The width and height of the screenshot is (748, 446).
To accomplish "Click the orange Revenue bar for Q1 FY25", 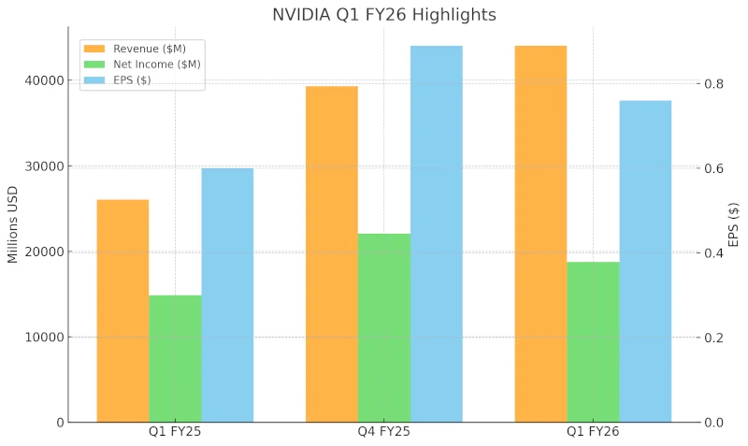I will tap(122, 310).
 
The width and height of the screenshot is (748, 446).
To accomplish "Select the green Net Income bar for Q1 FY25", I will tap(175, 359).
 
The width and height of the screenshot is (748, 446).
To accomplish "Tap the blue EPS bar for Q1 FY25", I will tap(227, 295).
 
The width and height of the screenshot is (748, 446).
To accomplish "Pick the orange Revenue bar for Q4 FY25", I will tap(332, 254).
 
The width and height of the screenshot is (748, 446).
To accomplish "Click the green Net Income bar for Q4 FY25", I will tap(384, 328).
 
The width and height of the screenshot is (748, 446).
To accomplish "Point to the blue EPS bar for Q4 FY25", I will tap(437, 234).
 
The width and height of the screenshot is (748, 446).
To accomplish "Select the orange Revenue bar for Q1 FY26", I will tap(540, 234).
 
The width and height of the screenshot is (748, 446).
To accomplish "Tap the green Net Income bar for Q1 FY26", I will tap(593, 342).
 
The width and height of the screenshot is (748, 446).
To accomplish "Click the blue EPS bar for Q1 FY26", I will tap(645, 262).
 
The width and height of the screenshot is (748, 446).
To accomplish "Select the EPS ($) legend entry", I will tap(132, 79).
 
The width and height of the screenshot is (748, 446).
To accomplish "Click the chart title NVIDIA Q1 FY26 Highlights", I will tap(383, 15).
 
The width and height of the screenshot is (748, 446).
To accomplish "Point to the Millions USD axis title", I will tap(13, 225).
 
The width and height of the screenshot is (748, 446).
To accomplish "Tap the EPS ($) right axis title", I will tap(733, 225).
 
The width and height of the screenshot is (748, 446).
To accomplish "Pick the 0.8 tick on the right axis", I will tap(713, 84).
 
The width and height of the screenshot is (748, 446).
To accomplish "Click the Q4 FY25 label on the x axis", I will tap(384, 432).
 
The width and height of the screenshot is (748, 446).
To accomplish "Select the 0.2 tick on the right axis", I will tap(713, 338).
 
